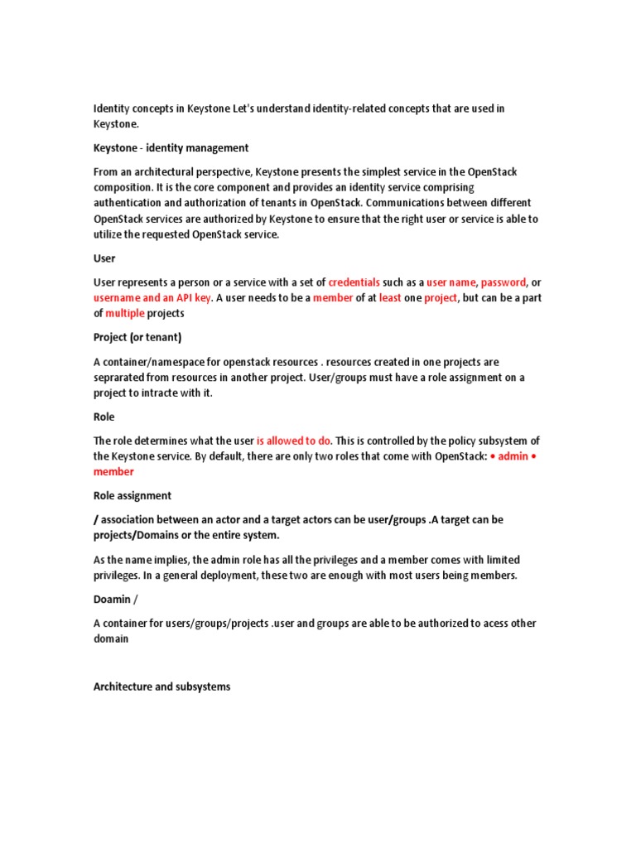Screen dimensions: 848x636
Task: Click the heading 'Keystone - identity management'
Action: (x=171, y=148)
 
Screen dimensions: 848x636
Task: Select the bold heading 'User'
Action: (x=104, y=258)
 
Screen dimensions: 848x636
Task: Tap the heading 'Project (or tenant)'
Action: (x=137, y=338)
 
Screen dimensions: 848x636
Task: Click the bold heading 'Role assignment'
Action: (x=132, y=495)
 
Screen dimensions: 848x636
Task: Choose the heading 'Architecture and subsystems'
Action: (x=161, y=687)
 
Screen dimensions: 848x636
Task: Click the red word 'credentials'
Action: (x=354, y=282)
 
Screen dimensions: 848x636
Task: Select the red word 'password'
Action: (x=503, y=282)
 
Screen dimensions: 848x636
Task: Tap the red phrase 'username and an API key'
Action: (x=152, y=298)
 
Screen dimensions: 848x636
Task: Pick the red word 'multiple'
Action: (x=124, y=314)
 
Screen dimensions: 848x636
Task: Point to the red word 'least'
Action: (x=390, y=298)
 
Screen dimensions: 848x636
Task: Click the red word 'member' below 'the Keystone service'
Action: (x=113, y=472)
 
